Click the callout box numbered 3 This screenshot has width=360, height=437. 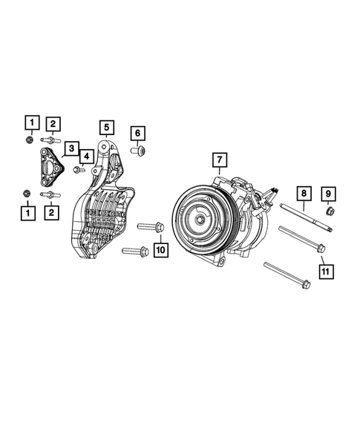pos(70,149)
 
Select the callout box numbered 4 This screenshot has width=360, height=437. pos(86,157)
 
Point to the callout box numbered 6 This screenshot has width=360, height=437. pos(137,134)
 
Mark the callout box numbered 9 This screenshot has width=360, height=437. pos(327,194)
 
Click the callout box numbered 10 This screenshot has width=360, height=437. pos(160,251)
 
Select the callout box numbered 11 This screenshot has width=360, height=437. pos(324,272)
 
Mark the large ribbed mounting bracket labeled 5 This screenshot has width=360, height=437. pos(104,208)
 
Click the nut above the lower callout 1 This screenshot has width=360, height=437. pos(27,194)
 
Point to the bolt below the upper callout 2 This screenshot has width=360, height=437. pos(50,139)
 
